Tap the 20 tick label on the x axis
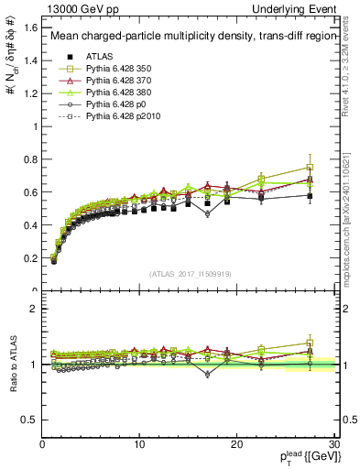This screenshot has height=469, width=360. (x=236, y=444)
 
